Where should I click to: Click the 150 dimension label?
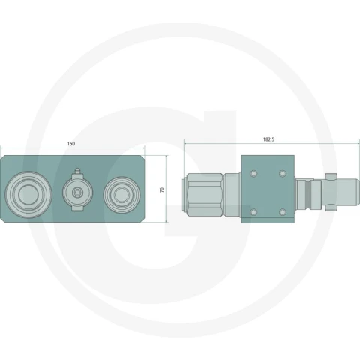71,144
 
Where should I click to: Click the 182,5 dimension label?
268,139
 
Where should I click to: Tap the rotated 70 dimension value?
162,190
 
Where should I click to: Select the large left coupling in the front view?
28,195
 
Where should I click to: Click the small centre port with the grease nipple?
77,193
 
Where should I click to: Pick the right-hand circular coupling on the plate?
121,195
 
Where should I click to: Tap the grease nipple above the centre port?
77,172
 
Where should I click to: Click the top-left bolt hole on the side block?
253,174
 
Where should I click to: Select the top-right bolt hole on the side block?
283,174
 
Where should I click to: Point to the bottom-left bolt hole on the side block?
253,212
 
